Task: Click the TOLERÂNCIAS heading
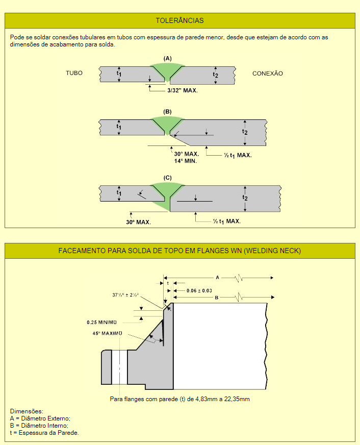[179, 20]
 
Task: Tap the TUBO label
[74, 73]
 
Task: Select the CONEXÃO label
[268, 73]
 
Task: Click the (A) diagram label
[168, 59]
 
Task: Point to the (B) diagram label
[168, 112]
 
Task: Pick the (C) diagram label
[168, 178]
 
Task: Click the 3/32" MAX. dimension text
[182, 90]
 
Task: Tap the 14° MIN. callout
[186, 161]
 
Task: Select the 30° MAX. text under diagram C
[138, 222]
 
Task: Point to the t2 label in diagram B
[245, 132]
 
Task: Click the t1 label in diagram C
[119, 193]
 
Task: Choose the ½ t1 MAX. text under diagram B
[238, 155]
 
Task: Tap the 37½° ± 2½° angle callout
[125, 295]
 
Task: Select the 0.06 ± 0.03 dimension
[199, 290]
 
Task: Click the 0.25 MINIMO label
[102, 323]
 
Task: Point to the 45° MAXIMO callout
[107, 333]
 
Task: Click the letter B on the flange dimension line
[217, 298]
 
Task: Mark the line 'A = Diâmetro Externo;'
[40, 418]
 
